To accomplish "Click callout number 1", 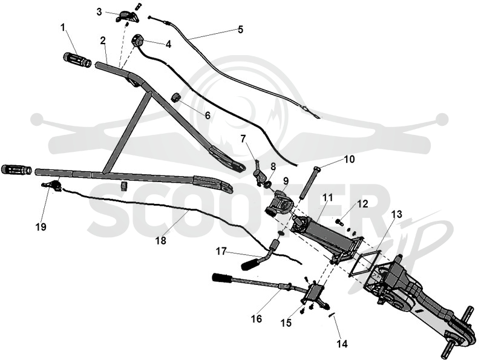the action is click(x=64, y=28).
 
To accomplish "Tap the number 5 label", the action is click(x=240, y=29).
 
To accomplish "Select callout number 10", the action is click(x=349, y=159).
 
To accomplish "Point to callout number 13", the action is click(x=397, y=214).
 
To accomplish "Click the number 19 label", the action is click(x=41, y=227).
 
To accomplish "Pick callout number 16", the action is click(x=256, y=318).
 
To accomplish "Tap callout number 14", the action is click(x=342, y=344).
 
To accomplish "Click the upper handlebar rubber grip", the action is click(x=77, y=59).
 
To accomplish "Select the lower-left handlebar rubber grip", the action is click(x=16, y=169).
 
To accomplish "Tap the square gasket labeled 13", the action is click(x=365, y=261).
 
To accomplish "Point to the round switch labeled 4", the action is click(x=137, y=40).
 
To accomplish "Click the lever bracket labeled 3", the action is click(x=127, y=16).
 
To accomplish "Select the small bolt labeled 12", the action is click(x=339, y=221).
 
